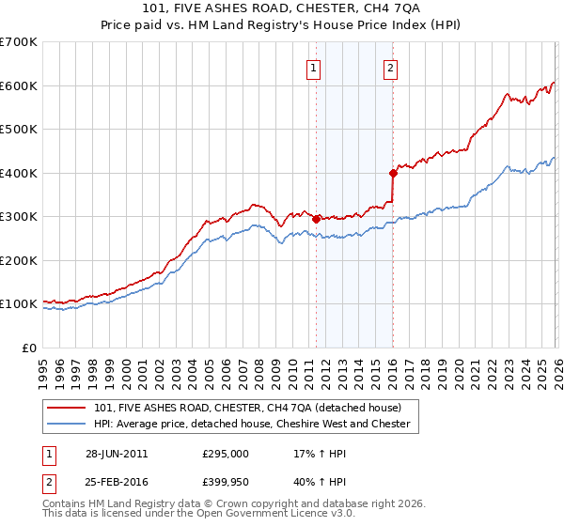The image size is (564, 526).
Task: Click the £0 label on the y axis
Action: pos(27,348)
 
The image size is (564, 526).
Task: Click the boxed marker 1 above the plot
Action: pos(312,68)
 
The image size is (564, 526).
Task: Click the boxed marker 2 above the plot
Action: pos(389,68)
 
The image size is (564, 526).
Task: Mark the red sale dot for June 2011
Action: pos(316,219)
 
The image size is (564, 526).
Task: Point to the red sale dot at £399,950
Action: pos(393,173)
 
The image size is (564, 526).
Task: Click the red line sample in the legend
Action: pos(67,409)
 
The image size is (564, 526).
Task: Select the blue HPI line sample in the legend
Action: pos(67,424)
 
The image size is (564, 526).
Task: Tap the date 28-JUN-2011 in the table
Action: pos(117,454)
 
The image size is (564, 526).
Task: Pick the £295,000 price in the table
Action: pos(226,454)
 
